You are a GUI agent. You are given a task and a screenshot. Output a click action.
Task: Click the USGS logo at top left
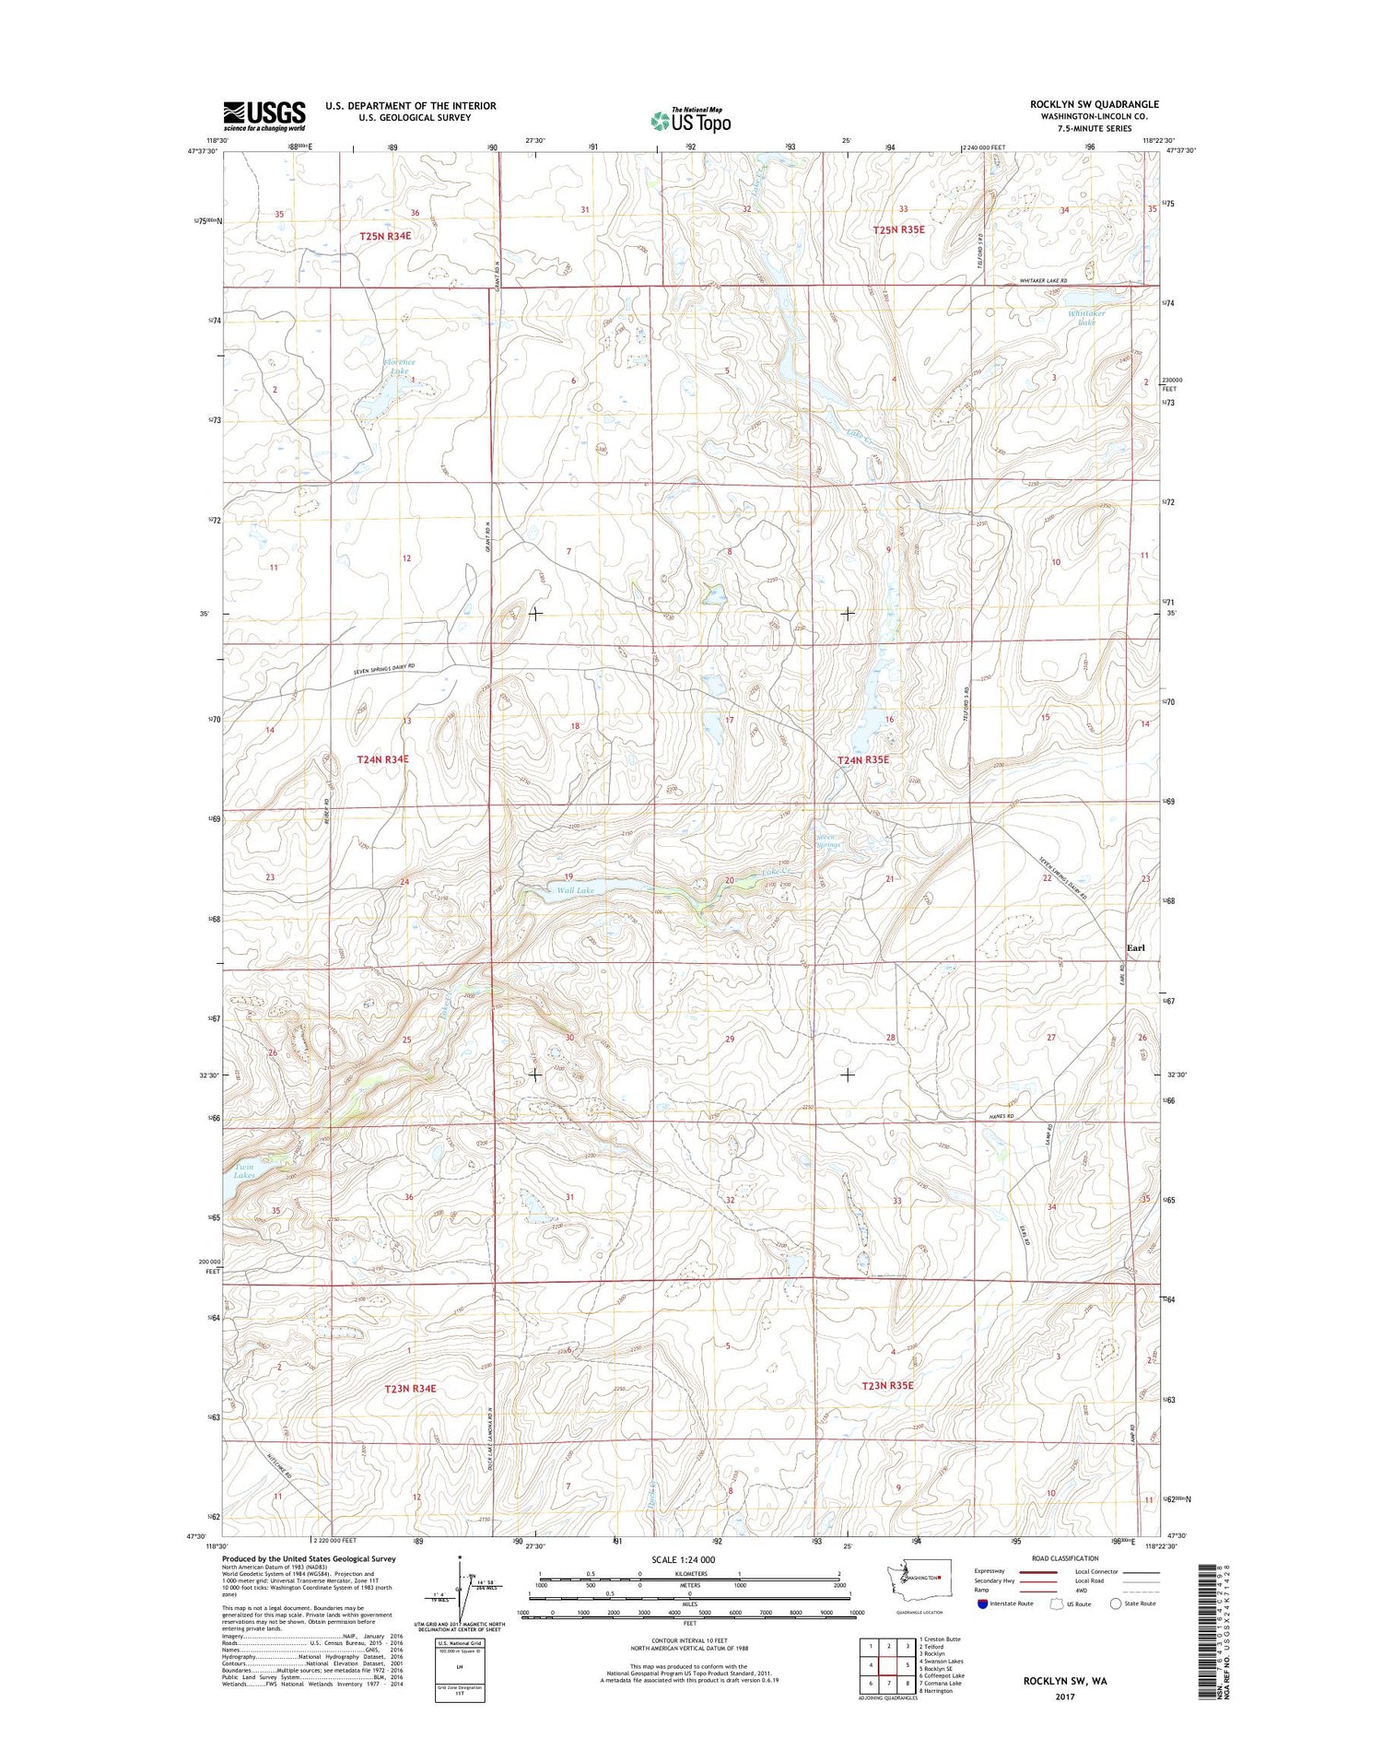(x=264, y=113)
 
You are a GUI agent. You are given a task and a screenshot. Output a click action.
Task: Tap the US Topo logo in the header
(x=691, y=120)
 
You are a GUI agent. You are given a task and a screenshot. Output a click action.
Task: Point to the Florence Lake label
(x=399, y=367)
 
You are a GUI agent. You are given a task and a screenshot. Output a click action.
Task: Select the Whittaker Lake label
(x=1086, y=318)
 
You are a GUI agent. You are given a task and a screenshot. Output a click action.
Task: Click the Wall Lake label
(x=575, y=890)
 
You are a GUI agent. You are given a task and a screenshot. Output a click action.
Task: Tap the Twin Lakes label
(x=244, y=1171)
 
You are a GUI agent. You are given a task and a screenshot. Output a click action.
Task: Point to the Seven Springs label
(x=828, y=840)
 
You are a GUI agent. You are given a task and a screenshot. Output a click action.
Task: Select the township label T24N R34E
(x=382, y=759)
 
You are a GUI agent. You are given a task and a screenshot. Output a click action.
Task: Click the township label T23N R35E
(x=887, y=1385)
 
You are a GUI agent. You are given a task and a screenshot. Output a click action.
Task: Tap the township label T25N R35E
(x=898, y=229)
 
